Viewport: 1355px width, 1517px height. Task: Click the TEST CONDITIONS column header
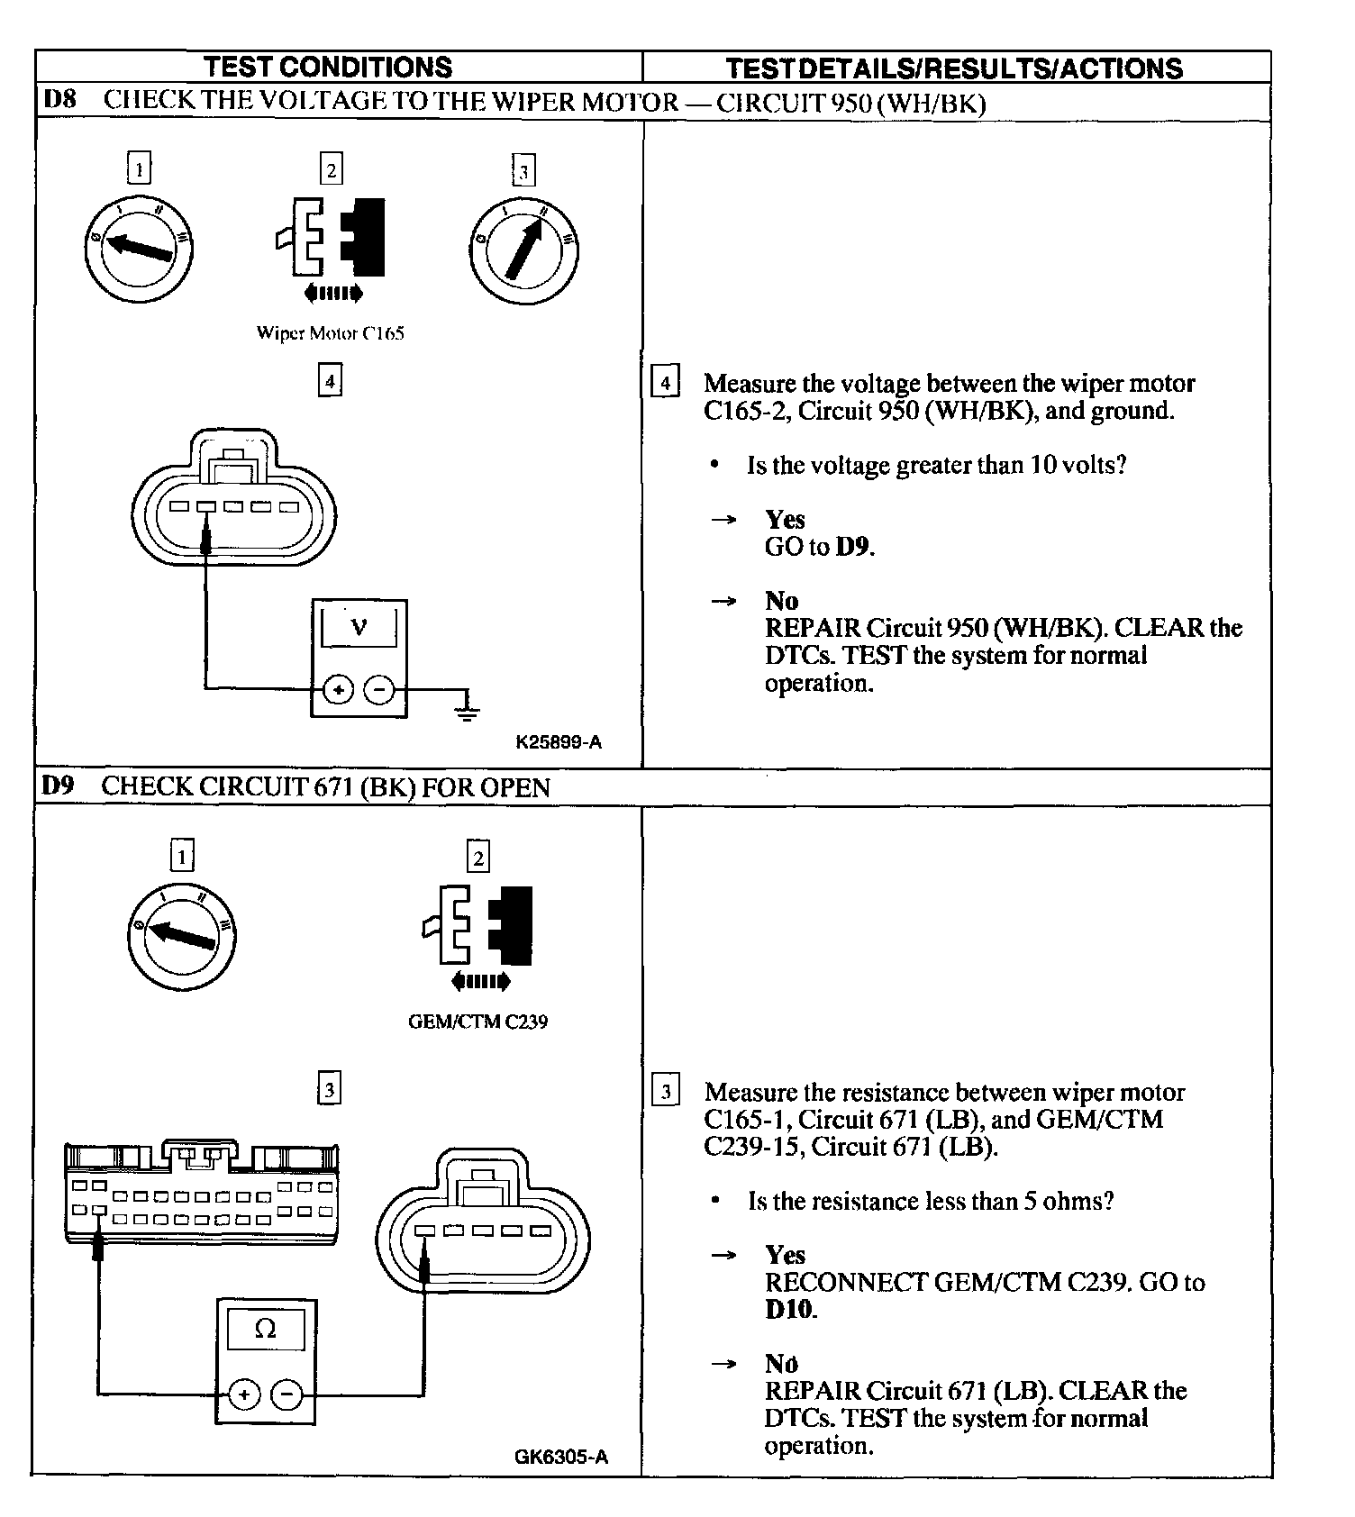click(x=328, y=67)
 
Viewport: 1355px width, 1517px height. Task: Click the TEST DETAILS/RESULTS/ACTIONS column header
click(x=954, y=68)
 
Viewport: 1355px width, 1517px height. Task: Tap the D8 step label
click(x=60, y=100)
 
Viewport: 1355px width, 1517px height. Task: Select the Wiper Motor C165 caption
click(x=330, y=333)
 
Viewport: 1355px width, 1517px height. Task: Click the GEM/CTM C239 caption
click(x=477, y=1022)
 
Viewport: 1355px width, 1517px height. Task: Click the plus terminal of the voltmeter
click(x=339, y=691)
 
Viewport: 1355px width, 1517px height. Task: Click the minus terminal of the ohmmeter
click(x=286, y=1394)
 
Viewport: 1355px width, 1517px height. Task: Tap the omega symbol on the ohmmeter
click(x=265, y=1329)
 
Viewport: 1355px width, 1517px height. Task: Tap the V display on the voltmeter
click(x=359, y=626)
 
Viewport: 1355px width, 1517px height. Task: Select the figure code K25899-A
click(x=559, y=743)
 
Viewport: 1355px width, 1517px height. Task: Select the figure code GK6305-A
click(x=561, y=1457)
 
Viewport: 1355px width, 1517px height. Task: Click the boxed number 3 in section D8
click(x=523, y=171)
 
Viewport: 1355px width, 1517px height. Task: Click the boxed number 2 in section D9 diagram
click(x=477, y=857)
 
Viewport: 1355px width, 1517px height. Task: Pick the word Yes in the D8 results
click(x=785, y=519)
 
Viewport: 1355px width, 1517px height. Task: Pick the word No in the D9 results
click(x=781, y=1363)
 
